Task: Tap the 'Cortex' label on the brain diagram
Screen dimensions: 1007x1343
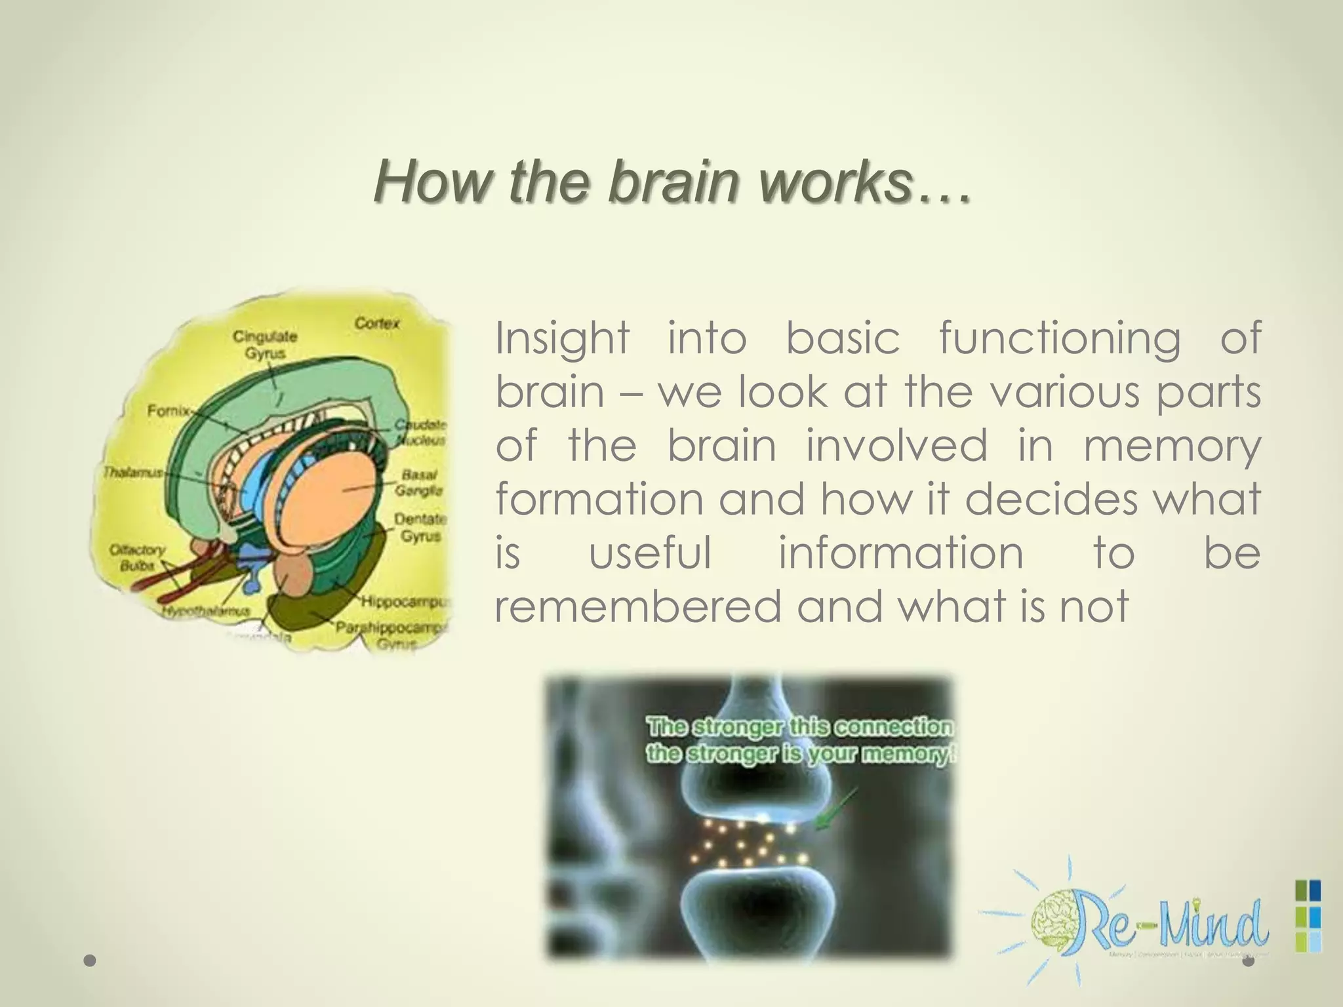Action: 376,324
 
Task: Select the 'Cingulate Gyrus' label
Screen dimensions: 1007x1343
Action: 265,345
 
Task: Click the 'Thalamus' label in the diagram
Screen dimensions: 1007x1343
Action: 131,472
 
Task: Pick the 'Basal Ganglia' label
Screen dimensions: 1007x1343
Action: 418,482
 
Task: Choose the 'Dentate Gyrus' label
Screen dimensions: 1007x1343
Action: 420,527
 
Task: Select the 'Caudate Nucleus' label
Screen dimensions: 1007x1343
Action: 420,433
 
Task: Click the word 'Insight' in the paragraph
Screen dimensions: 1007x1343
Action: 562,338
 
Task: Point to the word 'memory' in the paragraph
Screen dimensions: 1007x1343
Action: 1172,445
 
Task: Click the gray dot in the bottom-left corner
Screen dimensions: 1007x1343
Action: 90,961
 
